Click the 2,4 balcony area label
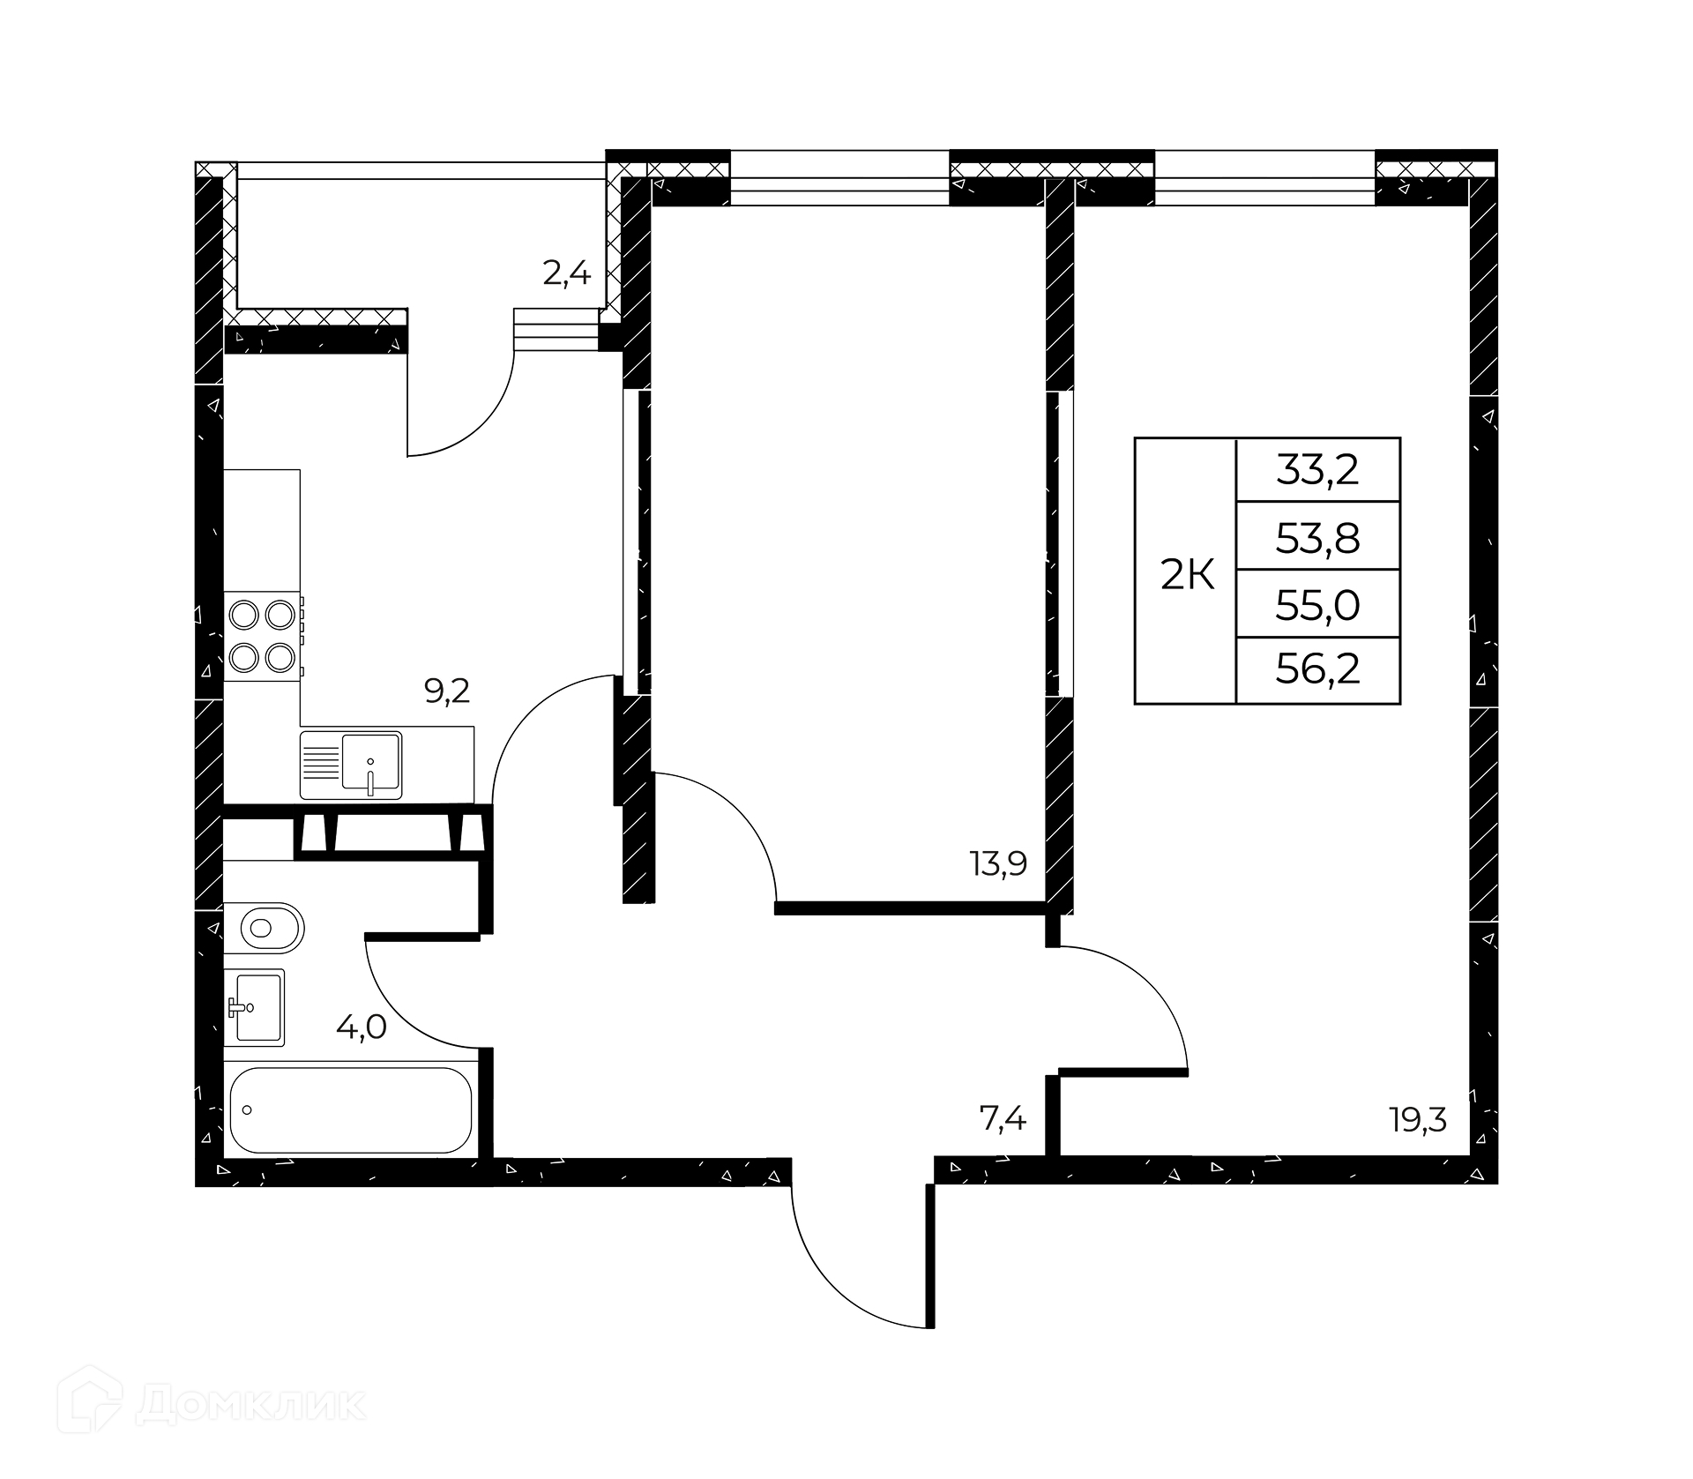pos(566,274)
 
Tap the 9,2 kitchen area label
pos(447,691)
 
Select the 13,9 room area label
pos(999,863)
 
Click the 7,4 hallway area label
pos(1003,1119)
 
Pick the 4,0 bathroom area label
pos(361,1027)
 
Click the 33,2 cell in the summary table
pos(1318,470)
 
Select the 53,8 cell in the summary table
pos(1318,537)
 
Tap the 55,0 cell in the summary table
pos(1318,605)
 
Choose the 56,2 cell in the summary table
pos(1318,670)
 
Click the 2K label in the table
pos(1187,577)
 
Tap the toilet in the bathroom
pos(264,927)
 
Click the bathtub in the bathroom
pos(351,1110)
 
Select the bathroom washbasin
pos(255,1007)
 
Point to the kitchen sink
pos(351,765)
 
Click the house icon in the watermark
pos(90,1401)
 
